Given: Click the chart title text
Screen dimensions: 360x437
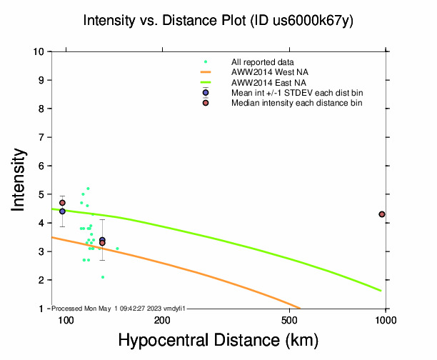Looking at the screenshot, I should tap(218, 21).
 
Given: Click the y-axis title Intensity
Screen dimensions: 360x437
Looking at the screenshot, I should tap(20, 179).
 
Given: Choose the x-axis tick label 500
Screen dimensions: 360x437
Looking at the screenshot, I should tap(290, 320).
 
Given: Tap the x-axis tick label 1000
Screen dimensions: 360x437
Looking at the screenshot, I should tap(386, 320).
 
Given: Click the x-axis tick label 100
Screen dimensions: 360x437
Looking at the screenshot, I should tap(66, 320).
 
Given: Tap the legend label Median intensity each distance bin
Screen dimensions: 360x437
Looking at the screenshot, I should tap(296, 104).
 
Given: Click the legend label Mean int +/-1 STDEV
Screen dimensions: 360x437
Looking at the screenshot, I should tap(296, 93).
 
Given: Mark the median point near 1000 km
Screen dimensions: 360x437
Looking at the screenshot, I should tap(382, 214).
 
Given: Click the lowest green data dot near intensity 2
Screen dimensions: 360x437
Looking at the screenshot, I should tap(103, 277).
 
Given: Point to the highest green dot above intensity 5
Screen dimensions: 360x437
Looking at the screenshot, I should tap(89, 189).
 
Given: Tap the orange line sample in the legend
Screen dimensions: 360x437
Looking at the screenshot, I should tap(206, 72).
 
